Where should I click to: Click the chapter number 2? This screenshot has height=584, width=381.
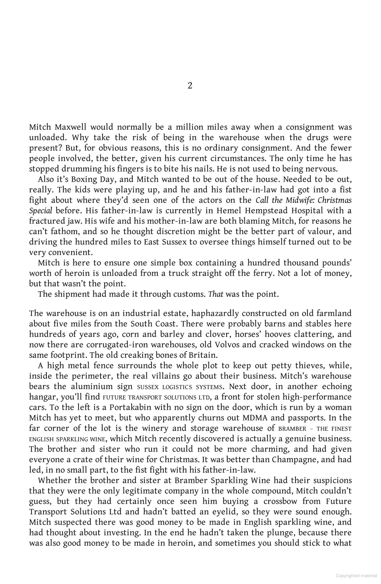coord(190,86)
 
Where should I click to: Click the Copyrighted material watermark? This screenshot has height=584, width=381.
coord(356,576)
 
